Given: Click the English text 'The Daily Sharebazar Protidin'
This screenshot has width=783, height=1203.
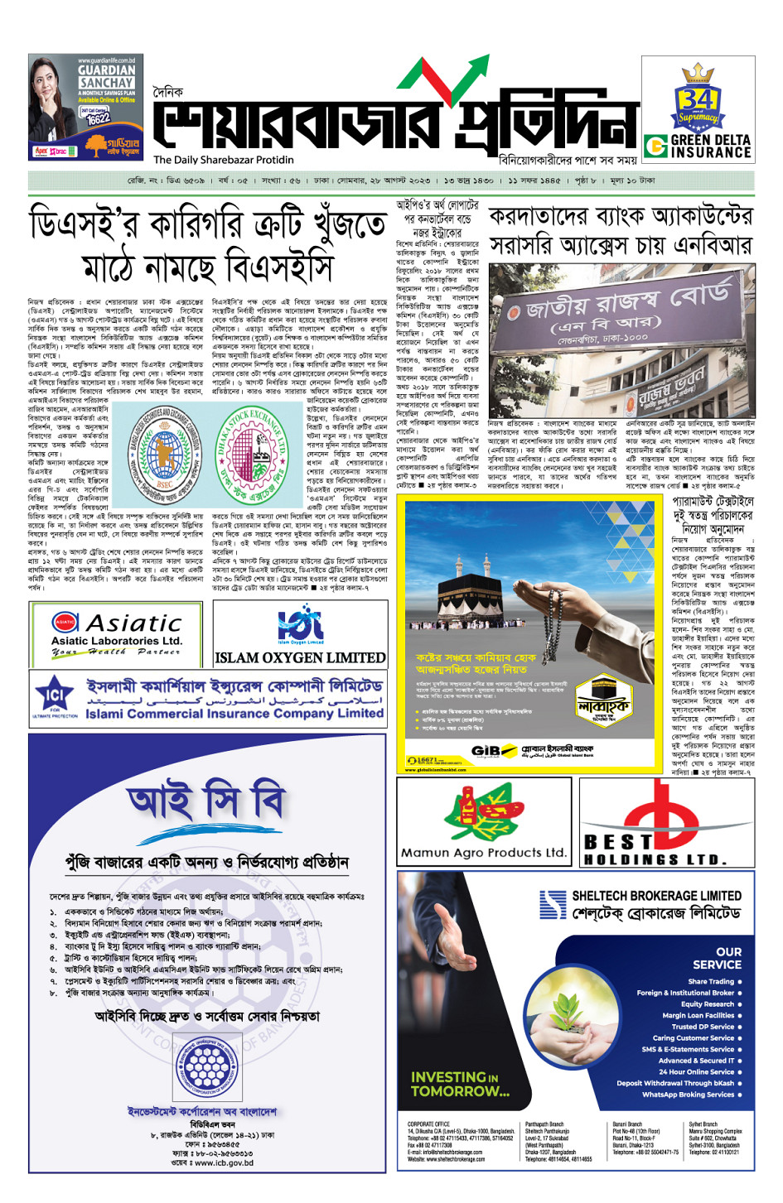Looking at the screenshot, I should coord(223,160).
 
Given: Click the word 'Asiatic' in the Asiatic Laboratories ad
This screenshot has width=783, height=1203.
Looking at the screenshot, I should coord(133,623).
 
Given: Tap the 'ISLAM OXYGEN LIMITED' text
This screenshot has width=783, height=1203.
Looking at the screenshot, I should coord(300,658).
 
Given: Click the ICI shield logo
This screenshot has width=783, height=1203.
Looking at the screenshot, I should coord(55,695).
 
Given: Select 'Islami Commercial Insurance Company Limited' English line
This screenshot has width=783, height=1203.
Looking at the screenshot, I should coord(234,713).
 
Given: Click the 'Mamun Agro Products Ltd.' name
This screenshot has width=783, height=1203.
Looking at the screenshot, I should coord(484,852).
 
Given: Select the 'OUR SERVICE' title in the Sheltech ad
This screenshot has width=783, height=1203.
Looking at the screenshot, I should coord(717,958).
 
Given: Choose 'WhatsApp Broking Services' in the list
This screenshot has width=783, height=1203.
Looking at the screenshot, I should coord(688,1095).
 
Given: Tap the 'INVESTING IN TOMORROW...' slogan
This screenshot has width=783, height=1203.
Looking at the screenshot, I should coord(460,1084).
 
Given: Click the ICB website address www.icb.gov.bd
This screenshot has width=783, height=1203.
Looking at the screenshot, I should coord(212,1162).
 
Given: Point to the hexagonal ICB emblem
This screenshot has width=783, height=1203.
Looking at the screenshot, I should coord(205,1066).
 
